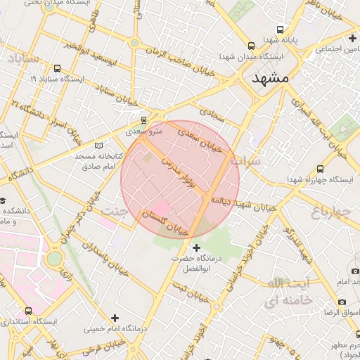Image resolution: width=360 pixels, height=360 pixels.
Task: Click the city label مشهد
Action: click(270, 79)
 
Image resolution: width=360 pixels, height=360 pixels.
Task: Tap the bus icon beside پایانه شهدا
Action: click(281, 30)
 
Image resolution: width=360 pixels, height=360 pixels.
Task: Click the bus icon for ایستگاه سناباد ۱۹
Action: click(56, 69)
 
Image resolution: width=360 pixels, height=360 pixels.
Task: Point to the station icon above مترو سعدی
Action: click(144, 120)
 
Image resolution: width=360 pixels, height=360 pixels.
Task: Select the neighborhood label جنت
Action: click(115, 210)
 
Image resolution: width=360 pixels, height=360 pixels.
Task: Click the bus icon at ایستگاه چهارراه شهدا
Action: click(321, 169)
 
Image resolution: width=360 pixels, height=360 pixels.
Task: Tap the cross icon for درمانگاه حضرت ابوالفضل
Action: click(196, 247)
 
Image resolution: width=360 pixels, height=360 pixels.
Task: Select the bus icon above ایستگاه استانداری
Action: click(28, 311)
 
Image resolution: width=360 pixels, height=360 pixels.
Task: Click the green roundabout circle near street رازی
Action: click(54, 258)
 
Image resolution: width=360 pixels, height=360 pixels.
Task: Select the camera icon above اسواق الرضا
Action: click(342, 302)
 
